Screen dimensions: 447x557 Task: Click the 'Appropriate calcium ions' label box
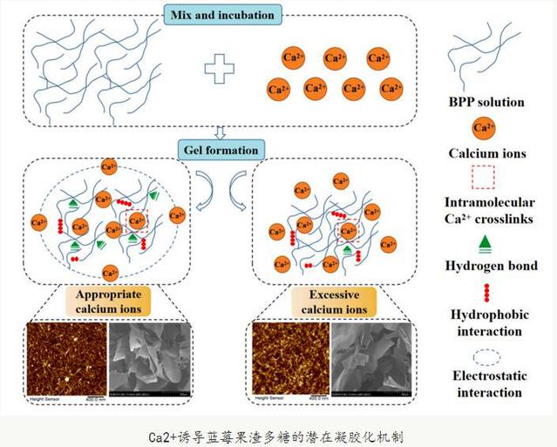pos(109,301)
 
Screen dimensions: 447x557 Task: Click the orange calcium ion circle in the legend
pos(486,129)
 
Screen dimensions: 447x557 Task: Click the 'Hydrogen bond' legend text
pos(487,266)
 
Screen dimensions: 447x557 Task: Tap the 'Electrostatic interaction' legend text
pos(487,384)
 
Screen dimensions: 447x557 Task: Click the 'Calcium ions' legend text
pos(487,154)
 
